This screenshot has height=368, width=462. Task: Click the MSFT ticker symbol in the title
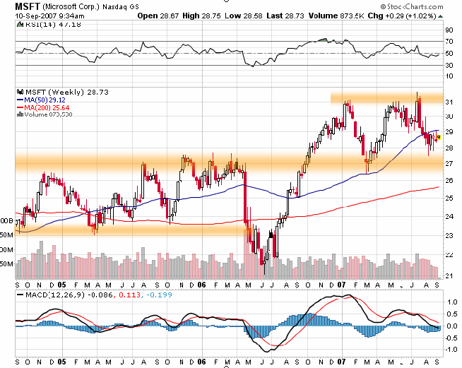coord(28,6)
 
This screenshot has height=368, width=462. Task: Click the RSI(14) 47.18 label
coord(44,23)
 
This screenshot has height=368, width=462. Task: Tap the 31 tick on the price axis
coord(449,102)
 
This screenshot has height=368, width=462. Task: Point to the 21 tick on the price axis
coord(449,275)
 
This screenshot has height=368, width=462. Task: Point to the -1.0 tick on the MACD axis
coord(449,349)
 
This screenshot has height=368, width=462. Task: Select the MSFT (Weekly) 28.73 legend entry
coord(56,92)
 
